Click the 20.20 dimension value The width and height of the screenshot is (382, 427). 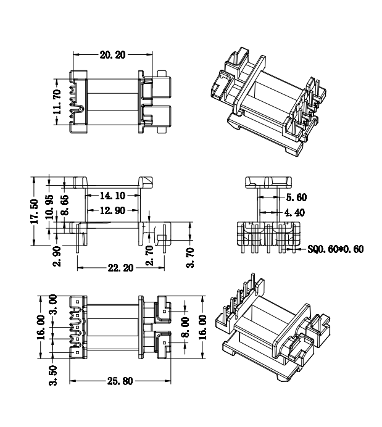tap(113, 55)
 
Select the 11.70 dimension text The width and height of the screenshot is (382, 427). tap(57, 102)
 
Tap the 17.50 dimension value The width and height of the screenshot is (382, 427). tap(35, 211)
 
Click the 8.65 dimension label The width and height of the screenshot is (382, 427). tap(65, 208)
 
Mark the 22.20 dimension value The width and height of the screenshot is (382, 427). tap(120, 268)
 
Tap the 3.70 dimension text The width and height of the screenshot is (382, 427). tap(190, 257)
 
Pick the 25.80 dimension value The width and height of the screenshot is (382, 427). tap(117, 381)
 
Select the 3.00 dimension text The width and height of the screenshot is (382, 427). tap(54, 304)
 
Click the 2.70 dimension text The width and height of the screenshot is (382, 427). tap(149, 255)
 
